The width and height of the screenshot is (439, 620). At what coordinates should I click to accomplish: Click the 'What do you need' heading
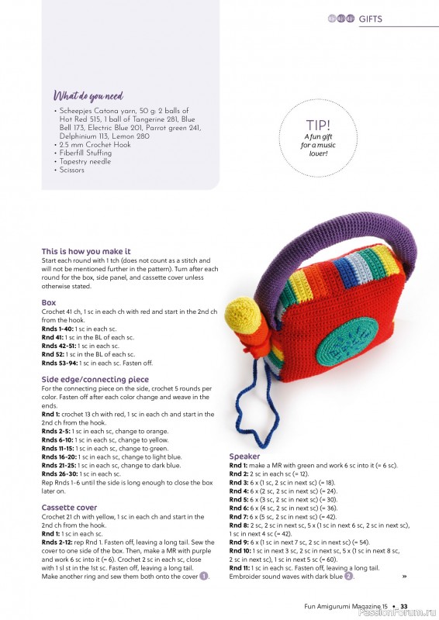(88, 96)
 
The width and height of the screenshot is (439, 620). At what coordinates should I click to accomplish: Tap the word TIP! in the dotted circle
(317, 125)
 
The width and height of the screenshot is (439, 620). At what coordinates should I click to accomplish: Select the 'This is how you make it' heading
(86, 252)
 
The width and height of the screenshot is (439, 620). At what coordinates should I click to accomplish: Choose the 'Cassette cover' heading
(69, 507)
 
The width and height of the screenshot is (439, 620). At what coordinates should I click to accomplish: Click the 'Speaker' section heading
(244, 456)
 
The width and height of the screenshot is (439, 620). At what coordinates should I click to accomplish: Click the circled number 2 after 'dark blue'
(349, 577)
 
